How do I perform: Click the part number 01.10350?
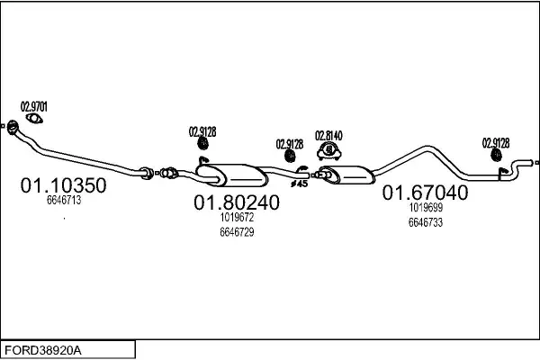[x=63, y=186]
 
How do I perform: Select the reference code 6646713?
[x=64, y=202]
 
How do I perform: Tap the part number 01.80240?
[x=237, y=203]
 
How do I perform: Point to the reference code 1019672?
[x=237, y=217]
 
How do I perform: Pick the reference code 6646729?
[x=237, y=232]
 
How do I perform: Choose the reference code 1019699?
[x=425, y=207]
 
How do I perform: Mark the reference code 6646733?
[x=425, y=221]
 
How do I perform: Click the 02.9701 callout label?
[x=34, y=107]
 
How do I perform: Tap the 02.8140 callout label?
[x=328, y=136]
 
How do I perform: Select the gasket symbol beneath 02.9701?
[x=34, y=120]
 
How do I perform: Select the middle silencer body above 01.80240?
[x=233, y=173]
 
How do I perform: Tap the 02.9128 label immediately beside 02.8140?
[x=290, y=143]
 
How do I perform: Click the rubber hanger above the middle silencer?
[x=202, y=145]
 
